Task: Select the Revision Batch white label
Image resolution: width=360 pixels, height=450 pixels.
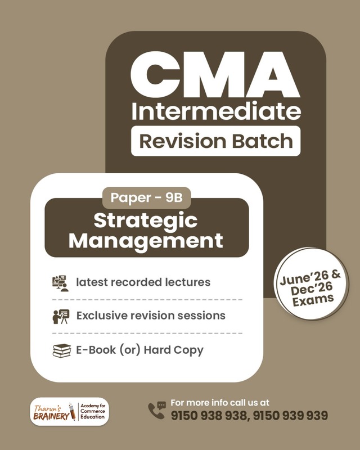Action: [215, 141]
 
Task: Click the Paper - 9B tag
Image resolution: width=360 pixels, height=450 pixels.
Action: [146, 198]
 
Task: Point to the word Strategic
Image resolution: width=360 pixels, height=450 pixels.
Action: [146, 220]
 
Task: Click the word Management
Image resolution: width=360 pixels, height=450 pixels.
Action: [146, 241]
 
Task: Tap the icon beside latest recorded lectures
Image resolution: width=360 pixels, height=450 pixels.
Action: [60, 283]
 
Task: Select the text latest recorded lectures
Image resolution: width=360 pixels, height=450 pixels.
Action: [143, 282]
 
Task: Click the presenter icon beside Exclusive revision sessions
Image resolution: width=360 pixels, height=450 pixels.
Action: [60, 316]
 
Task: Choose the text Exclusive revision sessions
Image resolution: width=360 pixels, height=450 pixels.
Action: [151, 316]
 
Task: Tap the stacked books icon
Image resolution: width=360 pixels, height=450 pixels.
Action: [61, 350]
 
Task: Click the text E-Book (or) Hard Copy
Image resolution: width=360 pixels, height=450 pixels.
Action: [139, 350]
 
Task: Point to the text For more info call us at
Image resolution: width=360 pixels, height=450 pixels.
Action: [220, 403]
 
